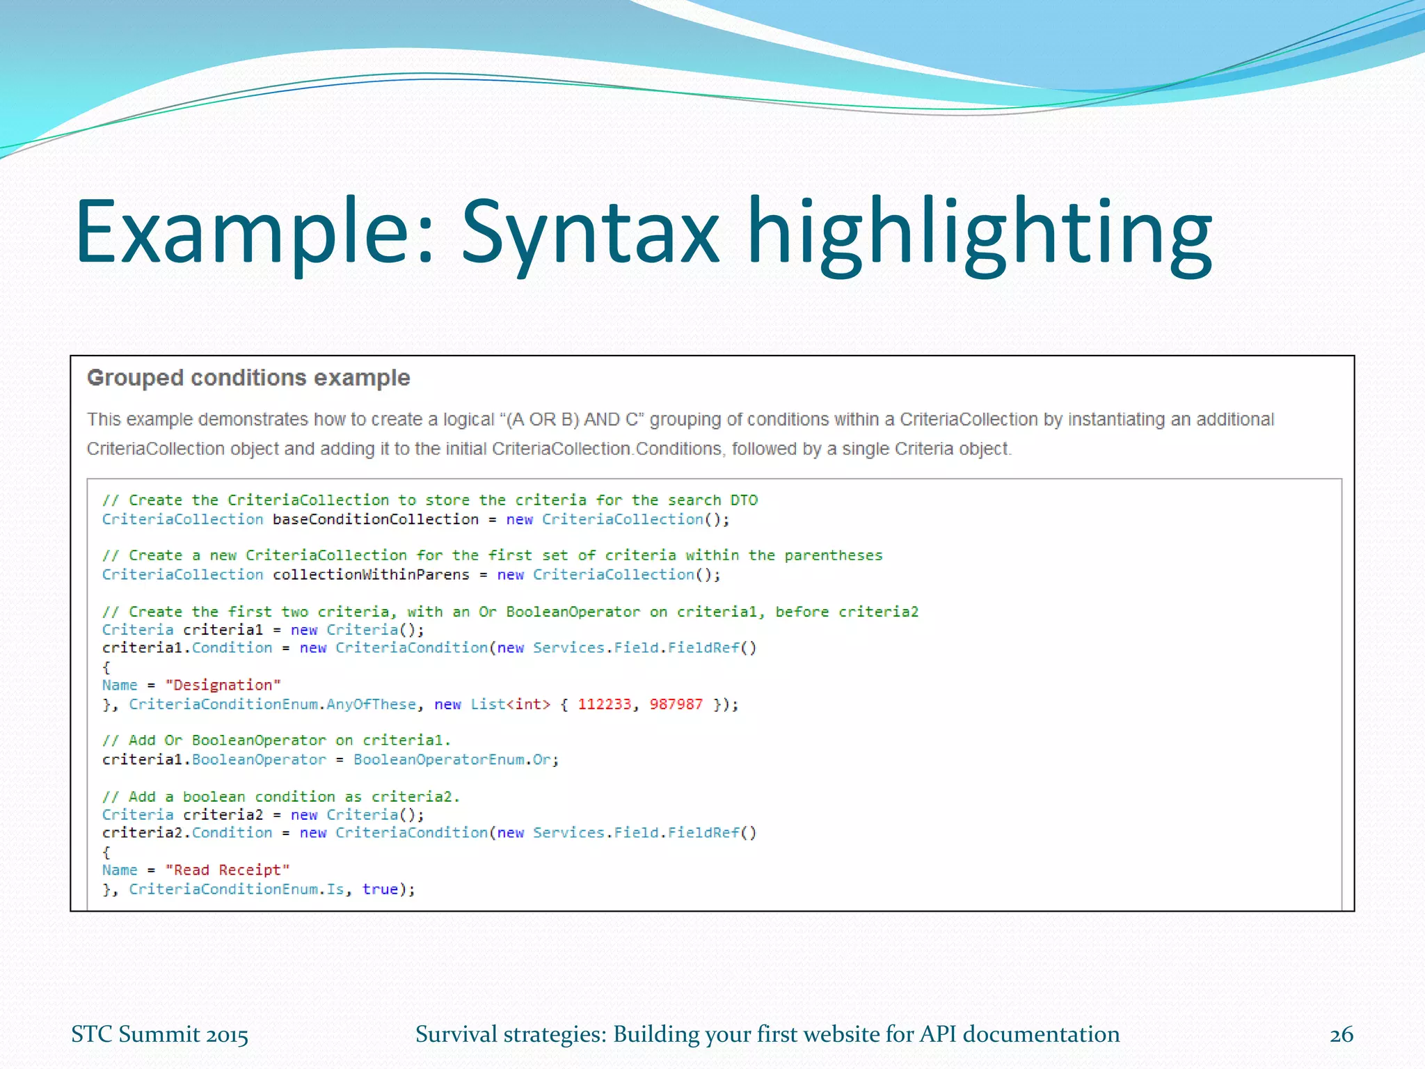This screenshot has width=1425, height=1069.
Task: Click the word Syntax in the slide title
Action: [x=590, y=233]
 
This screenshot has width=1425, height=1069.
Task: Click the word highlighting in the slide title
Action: [x=980, y=233]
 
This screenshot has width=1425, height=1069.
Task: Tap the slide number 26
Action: [x=1341, y=1035]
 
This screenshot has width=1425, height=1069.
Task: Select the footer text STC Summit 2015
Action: [x=159, y=1035]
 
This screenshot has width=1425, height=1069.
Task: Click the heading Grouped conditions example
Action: [x=248, y=378]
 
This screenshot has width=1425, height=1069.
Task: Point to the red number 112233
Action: [x=604, y=704]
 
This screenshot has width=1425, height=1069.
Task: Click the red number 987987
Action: [x=676, y=704]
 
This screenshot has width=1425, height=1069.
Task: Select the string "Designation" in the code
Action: [x=223, y=686]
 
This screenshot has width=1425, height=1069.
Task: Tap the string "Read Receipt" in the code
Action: [x=227, y=870]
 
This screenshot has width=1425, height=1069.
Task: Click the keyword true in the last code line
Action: [x=380, y=889]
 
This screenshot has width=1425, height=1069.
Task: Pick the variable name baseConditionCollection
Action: [x=375, y=520]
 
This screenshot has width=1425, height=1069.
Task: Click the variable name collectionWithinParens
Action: [x=371, y=575]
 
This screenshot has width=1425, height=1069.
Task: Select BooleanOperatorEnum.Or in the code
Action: [x=455, y=760]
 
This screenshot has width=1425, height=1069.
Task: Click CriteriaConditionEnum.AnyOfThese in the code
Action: [x=272, y=704]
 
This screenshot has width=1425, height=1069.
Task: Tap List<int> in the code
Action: [x=510, y=704]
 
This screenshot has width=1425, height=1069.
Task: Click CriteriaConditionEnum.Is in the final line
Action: [x=237, y=889]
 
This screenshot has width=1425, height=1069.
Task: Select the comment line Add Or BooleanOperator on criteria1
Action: [x=276, y=741]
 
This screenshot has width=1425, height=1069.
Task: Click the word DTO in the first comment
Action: [x=743, y=500]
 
